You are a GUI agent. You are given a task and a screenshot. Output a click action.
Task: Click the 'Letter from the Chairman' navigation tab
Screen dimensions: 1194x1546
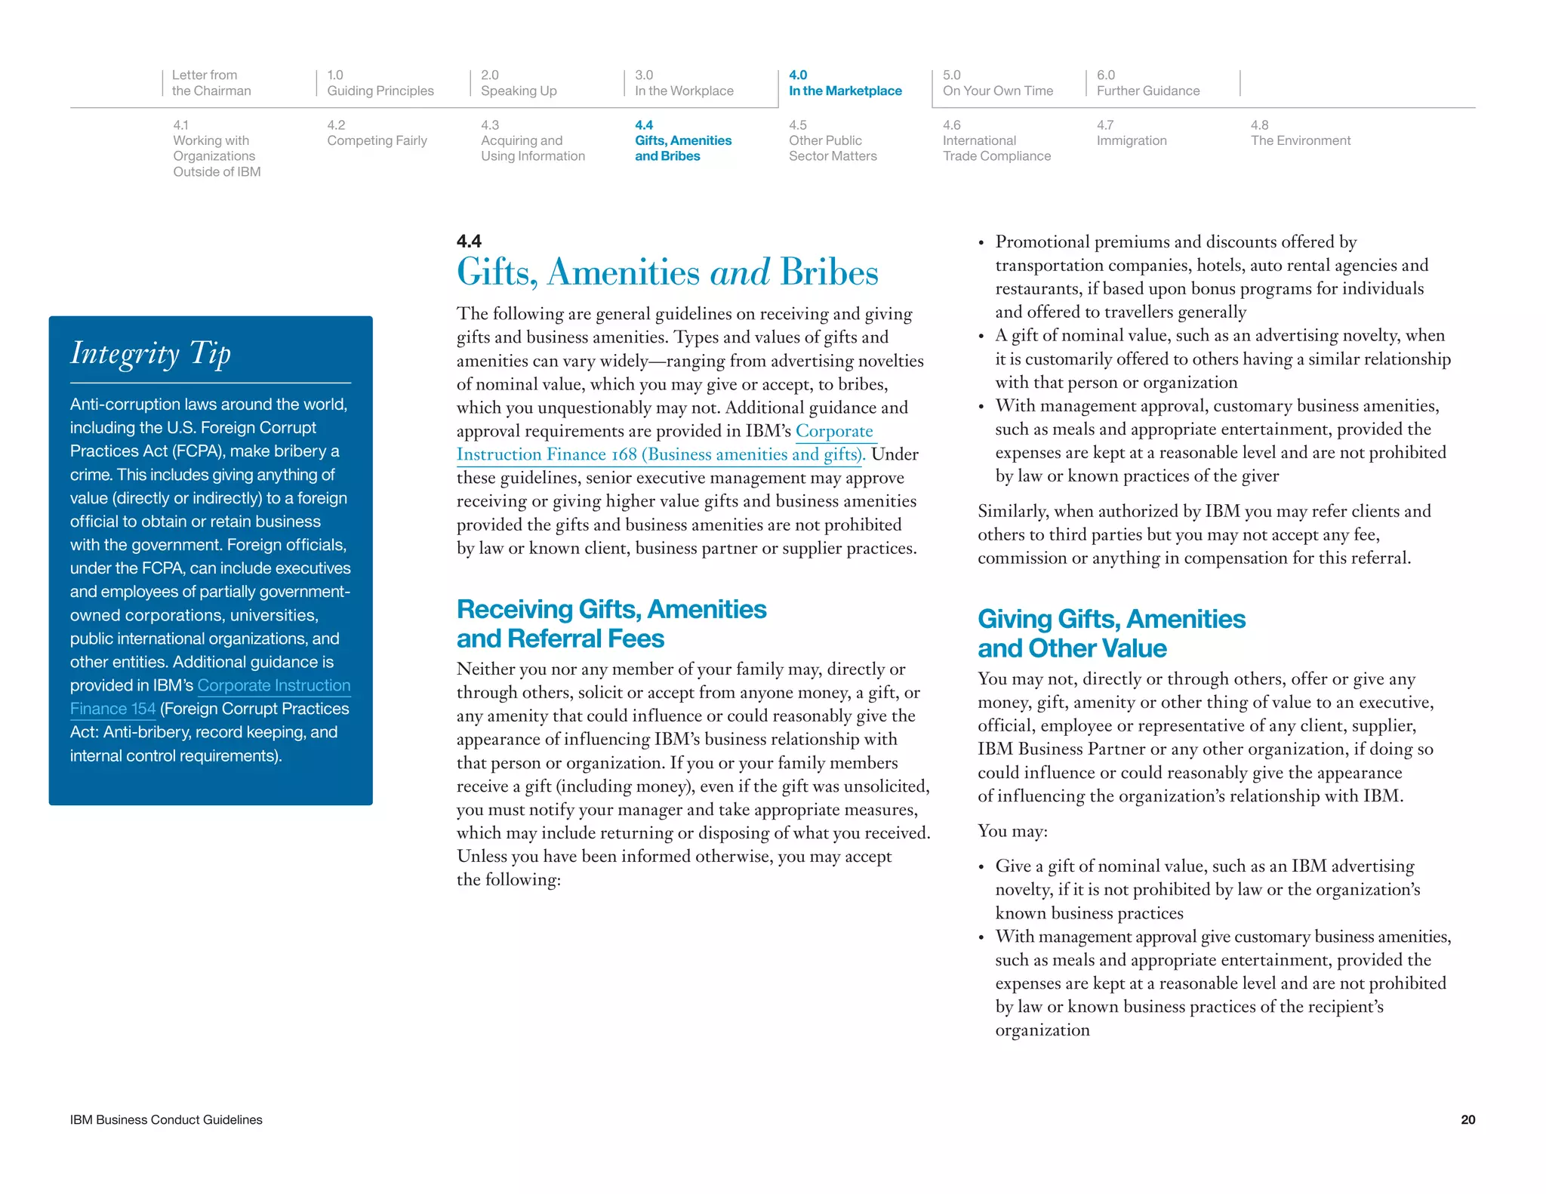(211, 83)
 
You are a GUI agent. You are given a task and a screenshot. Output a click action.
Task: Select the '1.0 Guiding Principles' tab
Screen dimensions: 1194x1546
(380, 83)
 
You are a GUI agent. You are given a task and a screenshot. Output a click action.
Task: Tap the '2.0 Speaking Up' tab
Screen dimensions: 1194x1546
(519, 83)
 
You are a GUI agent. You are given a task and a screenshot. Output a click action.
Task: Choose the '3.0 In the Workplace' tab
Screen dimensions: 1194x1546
(684, 83)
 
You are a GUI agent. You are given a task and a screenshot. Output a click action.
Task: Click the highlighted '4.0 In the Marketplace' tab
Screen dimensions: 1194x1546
(845, 83)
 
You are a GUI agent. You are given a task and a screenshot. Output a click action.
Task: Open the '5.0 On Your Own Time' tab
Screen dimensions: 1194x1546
(997, 83)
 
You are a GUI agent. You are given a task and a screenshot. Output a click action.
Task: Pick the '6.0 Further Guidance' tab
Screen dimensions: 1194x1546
(1147, 83)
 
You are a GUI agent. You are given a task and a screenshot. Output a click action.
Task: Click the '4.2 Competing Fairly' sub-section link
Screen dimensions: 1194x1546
(377, 134)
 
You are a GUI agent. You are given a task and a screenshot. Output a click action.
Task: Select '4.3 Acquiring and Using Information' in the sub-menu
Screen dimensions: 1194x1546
(532, 141)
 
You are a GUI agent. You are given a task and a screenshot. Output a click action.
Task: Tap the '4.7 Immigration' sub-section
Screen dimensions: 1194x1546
(1131, 134)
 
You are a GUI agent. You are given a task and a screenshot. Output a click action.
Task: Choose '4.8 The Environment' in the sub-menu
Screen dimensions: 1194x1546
(1300, 134)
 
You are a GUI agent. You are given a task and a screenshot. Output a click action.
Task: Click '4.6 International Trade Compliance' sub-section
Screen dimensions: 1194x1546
(996, 141)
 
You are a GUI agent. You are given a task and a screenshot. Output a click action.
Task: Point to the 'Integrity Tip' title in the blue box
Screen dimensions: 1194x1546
(150, 353)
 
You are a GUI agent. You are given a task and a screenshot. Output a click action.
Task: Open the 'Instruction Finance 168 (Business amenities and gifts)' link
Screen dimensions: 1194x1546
(660, 454)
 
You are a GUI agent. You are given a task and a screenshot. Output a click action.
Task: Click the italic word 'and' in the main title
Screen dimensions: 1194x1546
(740, 272)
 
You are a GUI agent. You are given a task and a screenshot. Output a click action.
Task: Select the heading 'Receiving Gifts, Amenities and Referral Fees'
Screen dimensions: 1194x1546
(611, 623)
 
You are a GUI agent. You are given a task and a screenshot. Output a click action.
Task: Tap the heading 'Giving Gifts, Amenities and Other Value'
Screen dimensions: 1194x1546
(1110, 633)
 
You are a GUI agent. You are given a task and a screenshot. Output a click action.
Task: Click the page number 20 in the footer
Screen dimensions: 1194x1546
(1467, 1120)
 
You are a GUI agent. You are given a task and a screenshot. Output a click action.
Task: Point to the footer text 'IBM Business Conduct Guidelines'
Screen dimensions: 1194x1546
(166, 1120)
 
